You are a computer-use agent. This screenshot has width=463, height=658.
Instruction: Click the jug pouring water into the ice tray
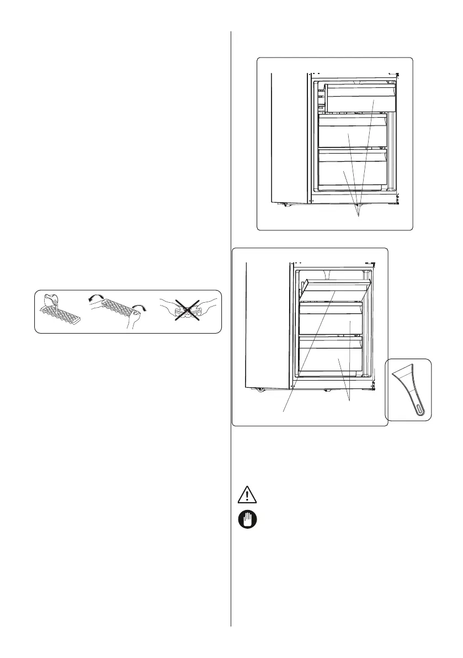pos(53,301)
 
